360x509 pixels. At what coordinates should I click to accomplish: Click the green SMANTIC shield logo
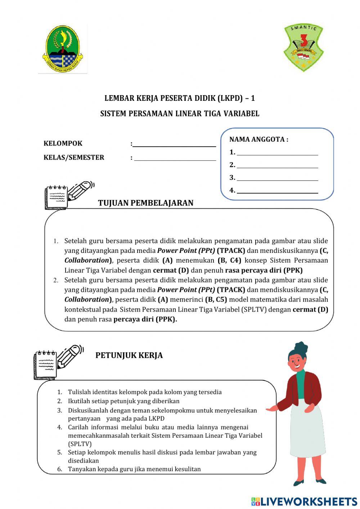(x=303, y=47)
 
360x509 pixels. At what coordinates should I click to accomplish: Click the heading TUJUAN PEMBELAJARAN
(x=145, y=203)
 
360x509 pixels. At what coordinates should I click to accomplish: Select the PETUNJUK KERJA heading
(x=129, y=355)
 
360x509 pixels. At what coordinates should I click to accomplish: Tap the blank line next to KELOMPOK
(x=174, y=144)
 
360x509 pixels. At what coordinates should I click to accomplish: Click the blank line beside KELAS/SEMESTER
(x=175, y=158)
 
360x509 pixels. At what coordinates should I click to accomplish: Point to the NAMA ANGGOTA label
(x=258, y=139)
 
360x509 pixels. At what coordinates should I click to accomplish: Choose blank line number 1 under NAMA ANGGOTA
(x=277, y=153)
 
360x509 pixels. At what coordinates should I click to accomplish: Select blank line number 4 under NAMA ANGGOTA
(x=277, y=191)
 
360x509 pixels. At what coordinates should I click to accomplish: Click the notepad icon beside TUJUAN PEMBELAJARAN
(x=56, y=197)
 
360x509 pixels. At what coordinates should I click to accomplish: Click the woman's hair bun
(x=301, y=348)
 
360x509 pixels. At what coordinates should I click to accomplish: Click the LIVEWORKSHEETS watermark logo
(x=304, y=501)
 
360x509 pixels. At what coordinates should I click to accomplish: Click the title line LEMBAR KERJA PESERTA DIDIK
(x=180, y=98)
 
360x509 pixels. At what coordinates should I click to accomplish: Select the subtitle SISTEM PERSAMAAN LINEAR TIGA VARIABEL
(x=180, y=113)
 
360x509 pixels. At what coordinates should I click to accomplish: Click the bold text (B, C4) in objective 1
(x=229, y=260)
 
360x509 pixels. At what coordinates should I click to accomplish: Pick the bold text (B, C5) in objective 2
(x=216, y=299)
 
